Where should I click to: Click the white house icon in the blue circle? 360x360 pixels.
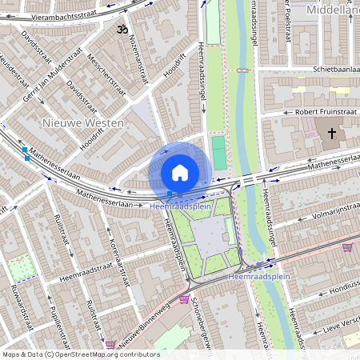pos(180,172)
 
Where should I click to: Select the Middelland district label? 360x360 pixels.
pos(331,11)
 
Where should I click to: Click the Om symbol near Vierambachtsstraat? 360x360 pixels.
pos(122,30)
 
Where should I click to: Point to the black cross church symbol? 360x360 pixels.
pos(331,132)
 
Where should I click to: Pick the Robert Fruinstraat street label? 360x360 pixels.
pos(325,112)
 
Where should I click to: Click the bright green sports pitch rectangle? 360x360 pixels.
pos(219,152)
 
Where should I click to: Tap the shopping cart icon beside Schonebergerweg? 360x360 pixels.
pos(185,300)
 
